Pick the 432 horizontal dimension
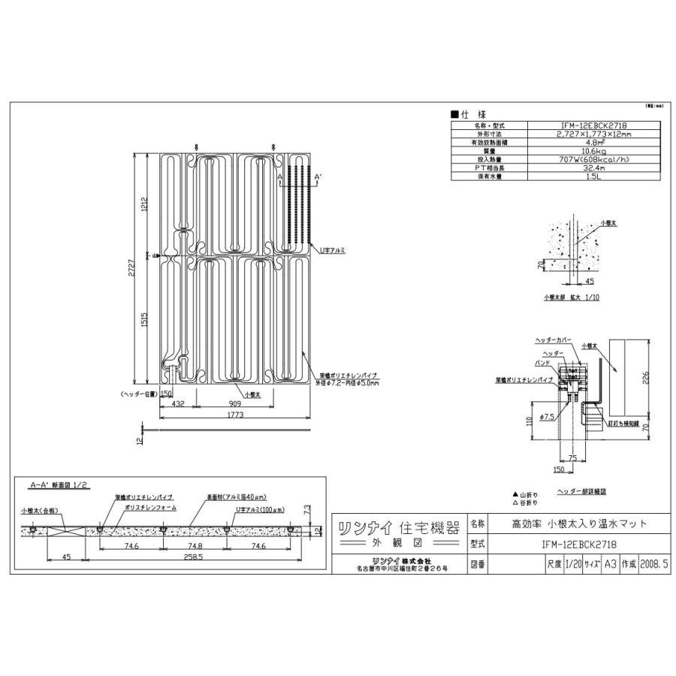(179, 404)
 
